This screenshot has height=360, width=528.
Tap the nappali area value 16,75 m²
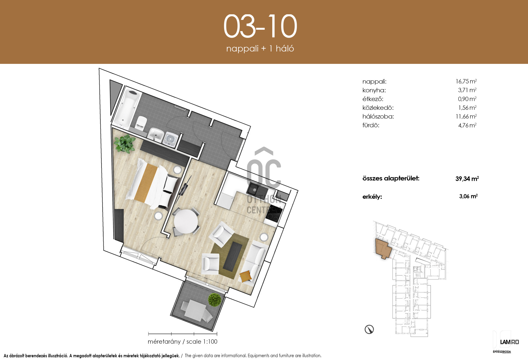pyautogui.click(x=466, y=81)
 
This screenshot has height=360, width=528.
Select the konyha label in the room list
pyautogui.click(x=374, y=90)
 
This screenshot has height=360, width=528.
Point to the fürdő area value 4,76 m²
pyautogui.click(x=467, y=125)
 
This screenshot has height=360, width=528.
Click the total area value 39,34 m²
pyautogui.click(x=467, y=179)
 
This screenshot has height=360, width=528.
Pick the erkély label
pyautogui.click(x=372, y=197)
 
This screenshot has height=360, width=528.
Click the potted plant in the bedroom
pyautogui.click(x=125, y=143)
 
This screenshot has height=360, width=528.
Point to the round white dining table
pyautogui.click(x=186, y=221)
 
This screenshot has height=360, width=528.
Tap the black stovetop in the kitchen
pyautogui.click(x=274, y=214)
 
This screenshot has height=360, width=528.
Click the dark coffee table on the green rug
pyautogui.click(x=233, y=256)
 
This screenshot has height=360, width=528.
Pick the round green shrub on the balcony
pyautogui.click(x=215, y=299)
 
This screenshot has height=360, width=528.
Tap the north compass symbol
pyautogui.click(x=369, y=329)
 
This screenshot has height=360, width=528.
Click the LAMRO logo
pyautogui.click(x=509, y=342)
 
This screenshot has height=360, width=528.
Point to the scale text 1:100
pyautogui.click(x=208, y=342)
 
